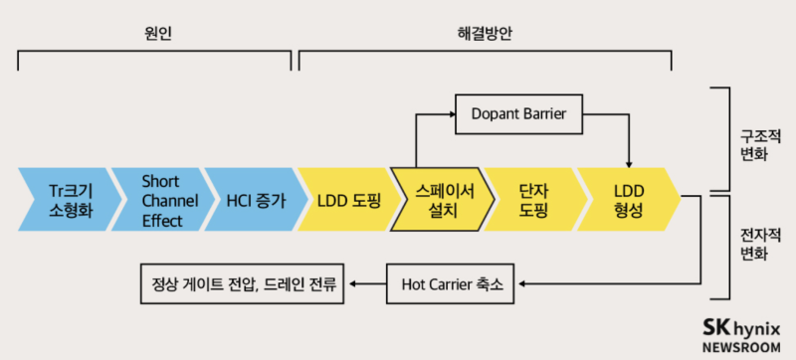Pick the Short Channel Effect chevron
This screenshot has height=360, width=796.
(x=161, y=199)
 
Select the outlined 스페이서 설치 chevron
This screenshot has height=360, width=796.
(x=441, y=199)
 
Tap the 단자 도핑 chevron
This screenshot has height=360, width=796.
(x=534, y=199)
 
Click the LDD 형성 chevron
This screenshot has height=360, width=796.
(x=628, y=199)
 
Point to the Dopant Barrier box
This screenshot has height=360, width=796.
(x=518, y=114)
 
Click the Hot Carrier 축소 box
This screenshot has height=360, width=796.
(x=452, y=285)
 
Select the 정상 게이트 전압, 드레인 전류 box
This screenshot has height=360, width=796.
(x=241, y=285)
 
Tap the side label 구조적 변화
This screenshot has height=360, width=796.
(x=753, y=145)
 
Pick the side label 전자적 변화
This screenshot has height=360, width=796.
(x=753, y=244)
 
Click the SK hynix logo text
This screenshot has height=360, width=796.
(x=740, y=327)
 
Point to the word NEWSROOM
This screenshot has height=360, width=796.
(x=740, y=347)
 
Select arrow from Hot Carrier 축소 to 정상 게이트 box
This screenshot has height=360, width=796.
(x=367, y=285)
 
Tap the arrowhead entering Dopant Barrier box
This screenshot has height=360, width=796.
(x=450, y=114)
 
